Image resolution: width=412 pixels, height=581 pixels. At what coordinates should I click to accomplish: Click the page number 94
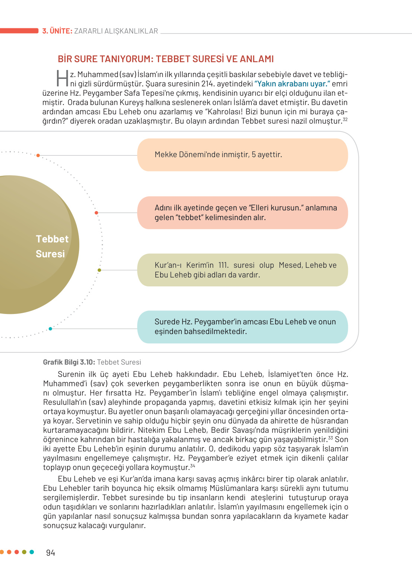[x=50, y=553]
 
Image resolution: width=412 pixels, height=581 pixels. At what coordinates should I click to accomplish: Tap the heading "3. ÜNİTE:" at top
[x=57, y=31]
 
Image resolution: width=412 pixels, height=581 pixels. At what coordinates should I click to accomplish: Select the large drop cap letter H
[x=62, y=78]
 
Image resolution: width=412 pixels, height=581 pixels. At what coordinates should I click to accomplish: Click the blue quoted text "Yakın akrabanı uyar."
[x=292, y=84]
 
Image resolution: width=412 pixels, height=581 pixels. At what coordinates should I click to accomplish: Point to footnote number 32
[x=345, y=120]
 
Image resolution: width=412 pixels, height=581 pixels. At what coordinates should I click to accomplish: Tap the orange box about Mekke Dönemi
[x=242, y=155]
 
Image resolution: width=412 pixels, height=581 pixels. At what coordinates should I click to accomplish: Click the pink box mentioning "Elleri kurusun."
[x=242, y=213]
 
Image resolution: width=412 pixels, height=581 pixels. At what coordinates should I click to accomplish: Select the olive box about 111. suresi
[x=242, y=270]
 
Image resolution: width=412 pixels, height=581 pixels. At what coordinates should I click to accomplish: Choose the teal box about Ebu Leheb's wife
[x=242, y=327]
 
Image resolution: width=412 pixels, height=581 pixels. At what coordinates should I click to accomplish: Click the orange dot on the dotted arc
[x=38, y=155]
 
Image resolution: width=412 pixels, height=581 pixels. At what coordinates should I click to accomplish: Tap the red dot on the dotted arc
[x=96, y=213]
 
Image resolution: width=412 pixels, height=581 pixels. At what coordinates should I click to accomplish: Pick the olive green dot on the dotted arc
[x=99, y=270]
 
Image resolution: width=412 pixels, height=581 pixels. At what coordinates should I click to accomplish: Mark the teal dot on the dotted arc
[x=50, y=328]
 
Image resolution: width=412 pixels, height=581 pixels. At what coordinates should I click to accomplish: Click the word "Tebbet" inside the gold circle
[x=52, y=239]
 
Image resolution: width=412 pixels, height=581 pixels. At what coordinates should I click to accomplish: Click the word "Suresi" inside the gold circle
[x=50, y=254]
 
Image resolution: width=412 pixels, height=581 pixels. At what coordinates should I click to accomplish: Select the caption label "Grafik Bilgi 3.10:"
[x=69, y=362]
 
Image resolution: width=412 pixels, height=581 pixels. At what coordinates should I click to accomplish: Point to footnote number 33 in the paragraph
[x=330, y=438]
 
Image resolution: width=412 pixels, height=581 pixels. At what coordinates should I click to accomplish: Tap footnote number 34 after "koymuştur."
[x=193, y=466]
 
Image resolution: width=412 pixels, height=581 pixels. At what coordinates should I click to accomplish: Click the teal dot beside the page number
[x=32, y=552]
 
